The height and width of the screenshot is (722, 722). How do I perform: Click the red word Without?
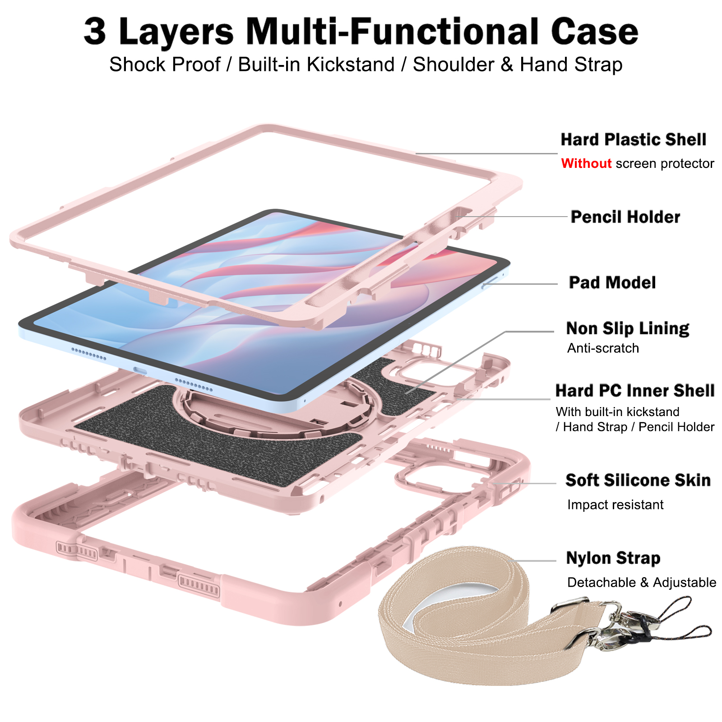586,163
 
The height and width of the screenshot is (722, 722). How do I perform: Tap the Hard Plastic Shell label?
633,139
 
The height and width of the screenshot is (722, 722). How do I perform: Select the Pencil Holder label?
625,217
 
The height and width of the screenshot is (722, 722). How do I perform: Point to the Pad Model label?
612,282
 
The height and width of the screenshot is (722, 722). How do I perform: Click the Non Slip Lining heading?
628,329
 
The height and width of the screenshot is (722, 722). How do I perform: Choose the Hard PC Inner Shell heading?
635,391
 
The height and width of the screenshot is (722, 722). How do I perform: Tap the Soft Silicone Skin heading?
638,480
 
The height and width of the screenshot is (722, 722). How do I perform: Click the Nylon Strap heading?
613,558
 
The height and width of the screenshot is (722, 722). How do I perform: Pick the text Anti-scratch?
603,348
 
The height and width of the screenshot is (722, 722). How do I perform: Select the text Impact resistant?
615,504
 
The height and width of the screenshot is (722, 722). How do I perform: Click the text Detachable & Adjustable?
641,583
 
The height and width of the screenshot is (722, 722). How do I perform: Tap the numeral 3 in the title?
95,32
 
